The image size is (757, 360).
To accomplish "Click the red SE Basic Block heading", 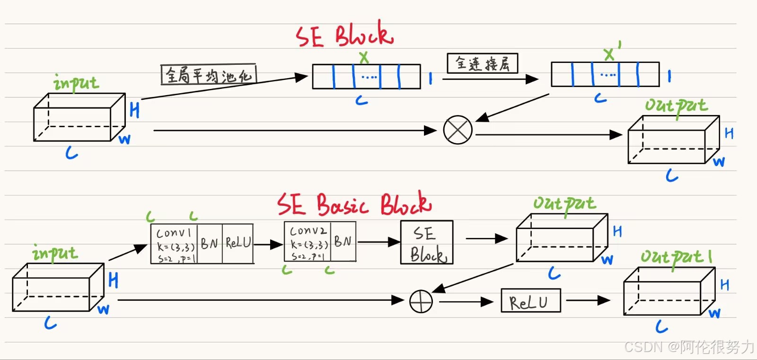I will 354,204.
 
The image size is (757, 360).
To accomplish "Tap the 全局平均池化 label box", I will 209,75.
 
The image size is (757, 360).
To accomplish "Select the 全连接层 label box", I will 483,63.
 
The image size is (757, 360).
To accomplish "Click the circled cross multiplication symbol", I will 458,130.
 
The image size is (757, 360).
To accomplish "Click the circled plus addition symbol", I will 421,301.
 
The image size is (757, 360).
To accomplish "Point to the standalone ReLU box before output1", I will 530,301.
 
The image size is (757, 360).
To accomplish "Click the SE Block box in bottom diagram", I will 427,242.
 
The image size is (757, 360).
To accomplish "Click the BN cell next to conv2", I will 343,242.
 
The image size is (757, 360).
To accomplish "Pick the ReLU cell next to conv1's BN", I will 238,243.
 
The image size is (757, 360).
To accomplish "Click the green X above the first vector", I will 363,57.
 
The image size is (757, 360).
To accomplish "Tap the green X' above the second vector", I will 611,53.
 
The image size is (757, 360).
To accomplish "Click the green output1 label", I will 676,257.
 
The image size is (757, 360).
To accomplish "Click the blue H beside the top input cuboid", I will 134,110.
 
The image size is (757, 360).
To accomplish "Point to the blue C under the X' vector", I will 600,98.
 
